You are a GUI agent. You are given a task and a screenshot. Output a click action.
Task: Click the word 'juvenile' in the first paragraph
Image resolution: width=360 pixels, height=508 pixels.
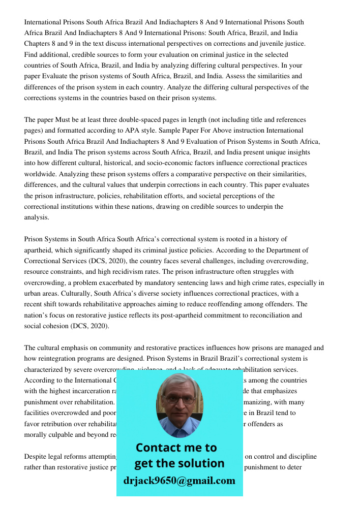[268, 44]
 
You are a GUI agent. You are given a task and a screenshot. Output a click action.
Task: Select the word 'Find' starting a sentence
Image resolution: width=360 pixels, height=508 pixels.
[31, 54]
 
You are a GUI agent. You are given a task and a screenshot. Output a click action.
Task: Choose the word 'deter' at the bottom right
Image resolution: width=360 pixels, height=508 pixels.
[295, 467]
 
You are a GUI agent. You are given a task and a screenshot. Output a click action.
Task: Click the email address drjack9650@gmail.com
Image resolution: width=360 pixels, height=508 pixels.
[179, 481]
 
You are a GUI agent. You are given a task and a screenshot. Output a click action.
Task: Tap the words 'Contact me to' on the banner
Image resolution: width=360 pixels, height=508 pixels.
[176, 448]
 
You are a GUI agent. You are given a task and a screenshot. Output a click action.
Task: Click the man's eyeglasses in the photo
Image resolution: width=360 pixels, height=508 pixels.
[179, 399]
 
